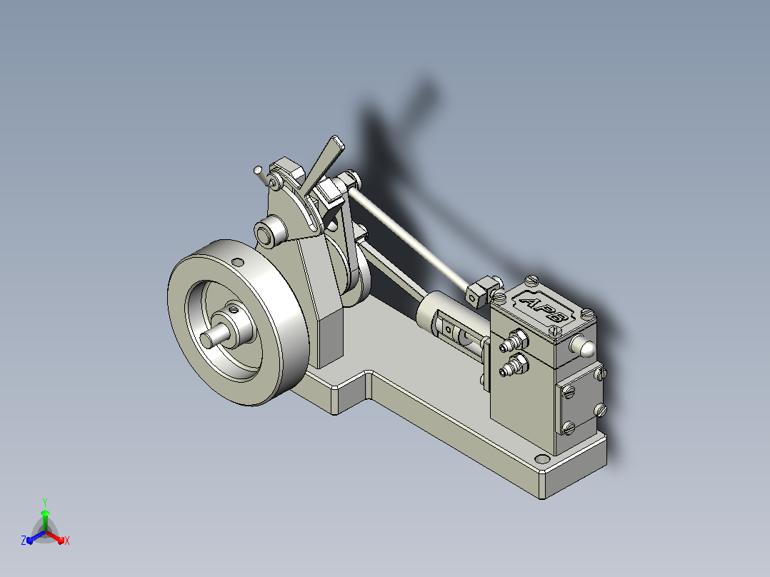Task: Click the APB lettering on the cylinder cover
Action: [x=544, y=309]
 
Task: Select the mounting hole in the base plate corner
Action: [x=542, y=459]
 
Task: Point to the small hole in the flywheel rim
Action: [x=238, y=262]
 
